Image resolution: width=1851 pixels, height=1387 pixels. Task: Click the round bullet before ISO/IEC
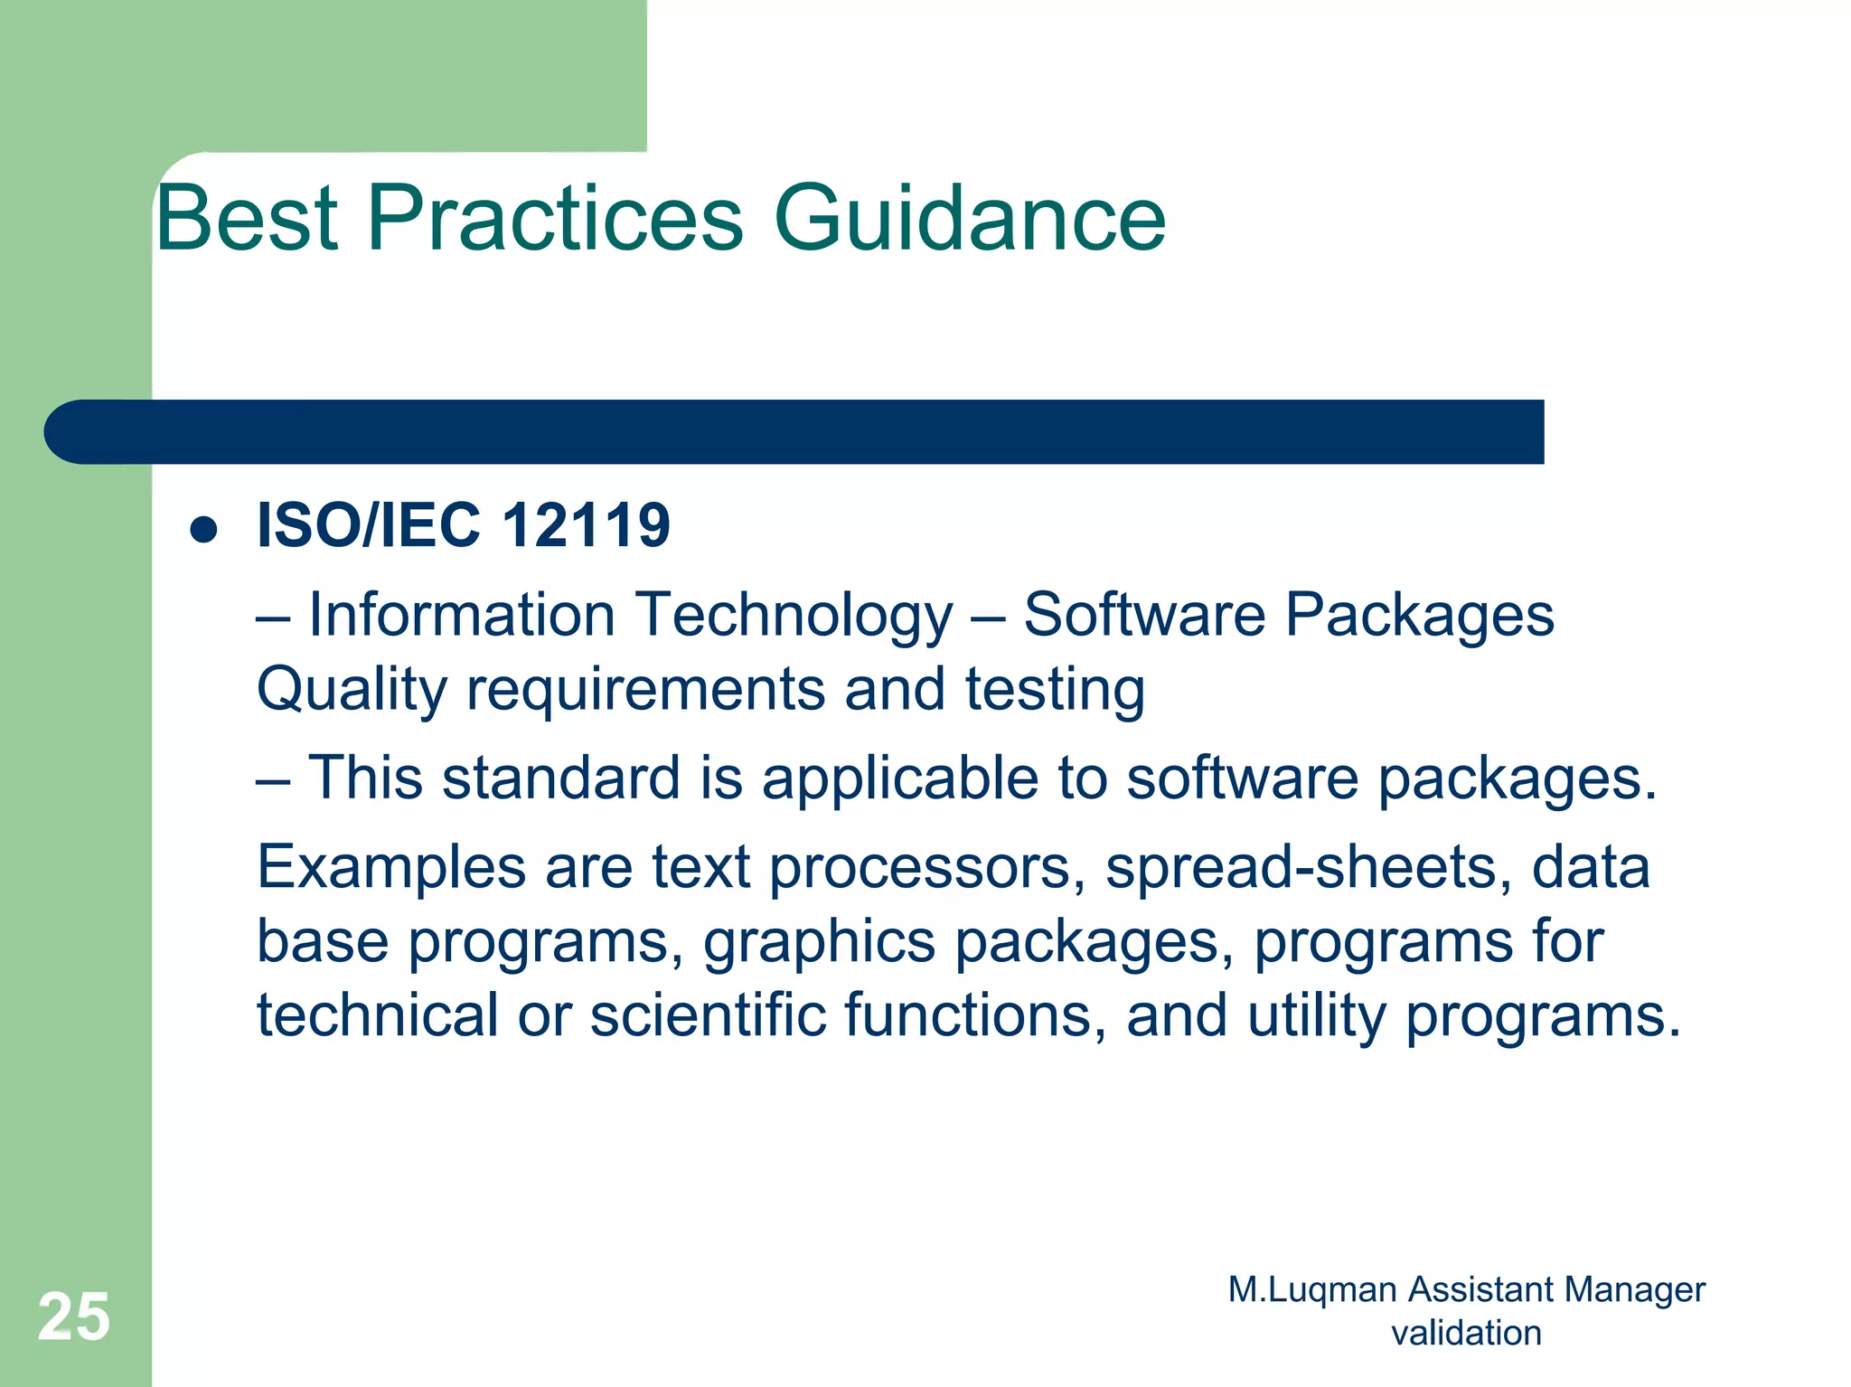click(204, 530)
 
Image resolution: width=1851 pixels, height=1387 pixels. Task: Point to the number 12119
click(586, 525)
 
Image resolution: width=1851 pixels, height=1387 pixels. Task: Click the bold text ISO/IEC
click(369, 525)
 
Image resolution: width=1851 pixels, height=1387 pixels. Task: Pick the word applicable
click(900, 778)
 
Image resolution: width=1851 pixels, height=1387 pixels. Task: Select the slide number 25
click(74, 1316)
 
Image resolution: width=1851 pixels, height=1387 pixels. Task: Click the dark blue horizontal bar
click(795, 432)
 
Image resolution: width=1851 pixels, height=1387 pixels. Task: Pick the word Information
click(462, 616)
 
